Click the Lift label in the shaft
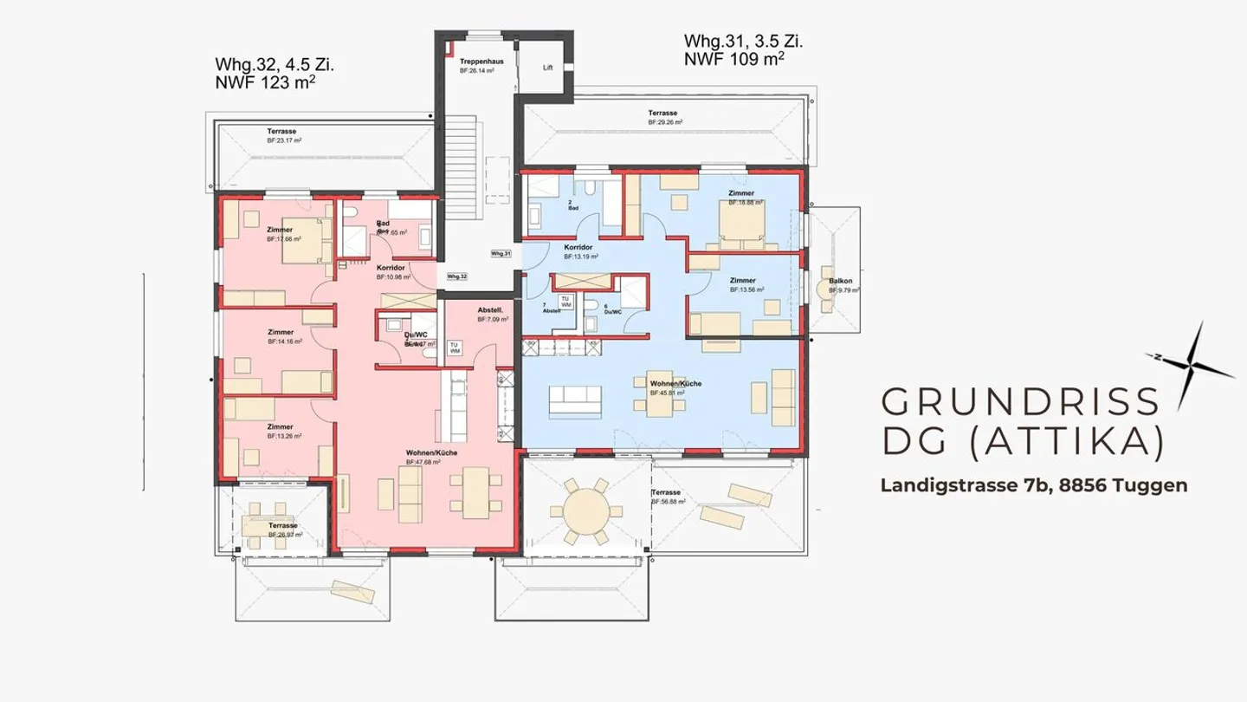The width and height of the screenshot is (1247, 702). click(547, 67)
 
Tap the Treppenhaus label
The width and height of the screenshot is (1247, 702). click(476, 63)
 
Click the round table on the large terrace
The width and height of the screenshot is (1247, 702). click(589, 511)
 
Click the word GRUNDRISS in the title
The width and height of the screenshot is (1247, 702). click(1019, 401)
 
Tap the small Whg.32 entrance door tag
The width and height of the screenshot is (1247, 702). click(457, 276)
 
